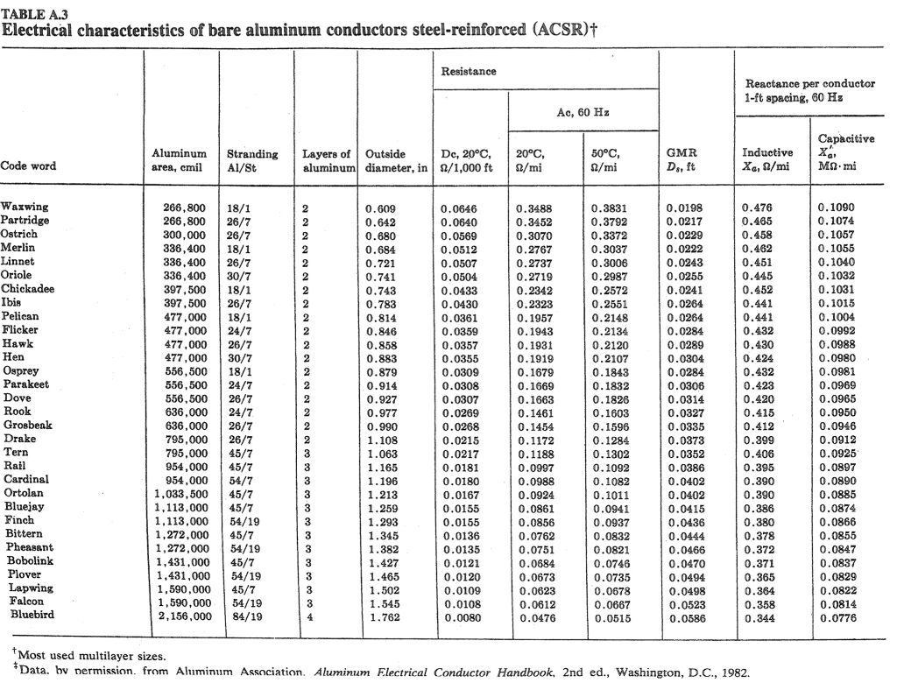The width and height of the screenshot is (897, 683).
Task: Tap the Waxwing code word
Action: point(25,208)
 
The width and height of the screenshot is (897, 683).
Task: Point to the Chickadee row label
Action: point(30,289)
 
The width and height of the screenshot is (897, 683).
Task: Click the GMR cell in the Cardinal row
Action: point(684,480)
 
